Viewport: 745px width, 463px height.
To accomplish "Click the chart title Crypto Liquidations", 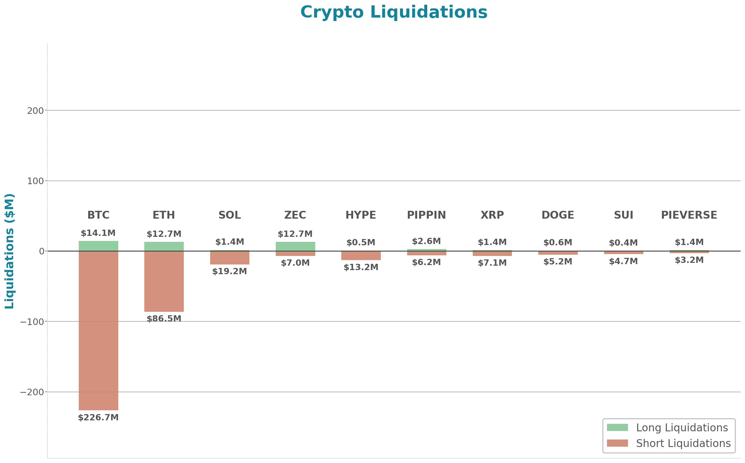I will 394,13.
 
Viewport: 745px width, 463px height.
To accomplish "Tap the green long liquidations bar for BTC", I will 98,246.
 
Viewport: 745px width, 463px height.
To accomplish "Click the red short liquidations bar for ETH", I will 164,281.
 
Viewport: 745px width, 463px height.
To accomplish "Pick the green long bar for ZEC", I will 295,246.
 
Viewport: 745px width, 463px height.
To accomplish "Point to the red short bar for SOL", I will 230,258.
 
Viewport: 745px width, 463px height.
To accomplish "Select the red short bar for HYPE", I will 361,256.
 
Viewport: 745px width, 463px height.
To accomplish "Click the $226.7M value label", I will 98,418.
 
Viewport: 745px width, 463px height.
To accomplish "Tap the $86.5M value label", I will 164,318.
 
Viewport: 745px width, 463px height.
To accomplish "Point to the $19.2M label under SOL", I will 230,271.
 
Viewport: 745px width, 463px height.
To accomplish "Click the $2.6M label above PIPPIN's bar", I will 426,241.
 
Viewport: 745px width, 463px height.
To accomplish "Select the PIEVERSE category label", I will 689,215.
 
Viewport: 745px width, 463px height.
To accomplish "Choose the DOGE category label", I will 558,215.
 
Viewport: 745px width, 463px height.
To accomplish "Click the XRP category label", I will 492,215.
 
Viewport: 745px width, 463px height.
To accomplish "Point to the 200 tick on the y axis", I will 35,111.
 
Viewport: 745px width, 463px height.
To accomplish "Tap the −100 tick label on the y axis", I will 32,322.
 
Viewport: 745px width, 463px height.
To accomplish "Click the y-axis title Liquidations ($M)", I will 9,251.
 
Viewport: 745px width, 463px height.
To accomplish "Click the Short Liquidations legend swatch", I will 617,443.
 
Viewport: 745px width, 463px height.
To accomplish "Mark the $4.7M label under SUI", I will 623,261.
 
